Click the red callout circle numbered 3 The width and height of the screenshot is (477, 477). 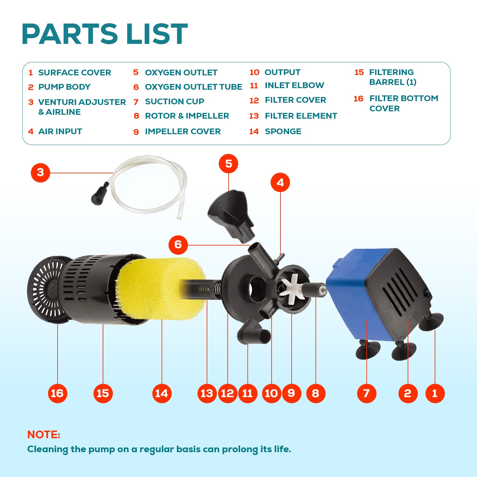click(40, 173)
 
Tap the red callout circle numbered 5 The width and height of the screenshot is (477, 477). click(228, 164)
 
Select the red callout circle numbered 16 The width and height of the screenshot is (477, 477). click(57, 393)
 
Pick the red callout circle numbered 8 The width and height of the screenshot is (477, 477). click(315, 393)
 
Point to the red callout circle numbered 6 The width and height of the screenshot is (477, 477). click(178, 245)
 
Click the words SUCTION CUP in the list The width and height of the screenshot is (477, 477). click(175, 101)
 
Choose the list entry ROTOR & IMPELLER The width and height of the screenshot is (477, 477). click(187, 116)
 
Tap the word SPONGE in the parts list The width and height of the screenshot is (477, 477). click(283, 131)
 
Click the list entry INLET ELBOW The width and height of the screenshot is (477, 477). click(294, 85)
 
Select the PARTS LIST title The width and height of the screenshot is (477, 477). click(105, 34)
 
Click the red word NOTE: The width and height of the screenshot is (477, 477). click(44, 434)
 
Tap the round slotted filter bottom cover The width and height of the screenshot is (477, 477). click(48, 289)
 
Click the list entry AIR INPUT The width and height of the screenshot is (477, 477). click(60, 131)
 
